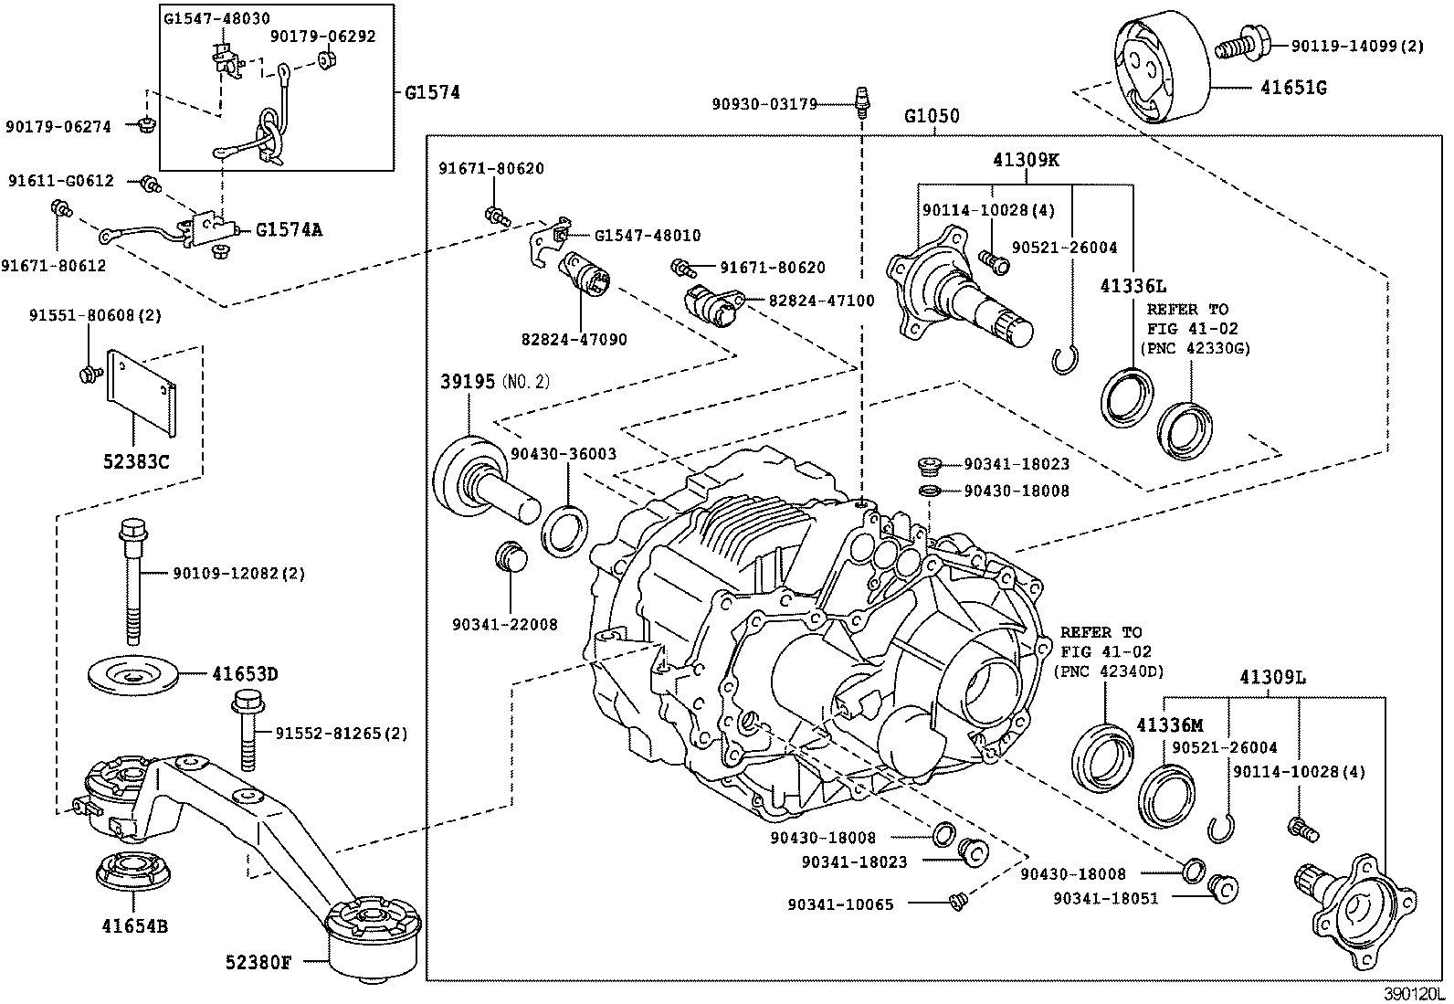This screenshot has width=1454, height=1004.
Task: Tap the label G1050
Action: coord(932,117)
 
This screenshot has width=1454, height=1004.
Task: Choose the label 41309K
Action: coord(1027,161)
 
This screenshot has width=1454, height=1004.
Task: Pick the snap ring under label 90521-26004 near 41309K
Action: coord(1064,363)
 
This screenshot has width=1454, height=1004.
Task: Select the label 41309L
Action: coord(1272,678)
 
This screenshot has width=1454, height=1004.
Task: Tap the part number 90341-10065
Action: coord(840,904)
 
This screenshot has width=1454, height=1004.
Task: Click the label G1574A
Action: coord(289,230)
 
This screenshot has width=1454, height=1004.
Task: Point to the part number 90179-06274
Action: coord(58,127)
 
